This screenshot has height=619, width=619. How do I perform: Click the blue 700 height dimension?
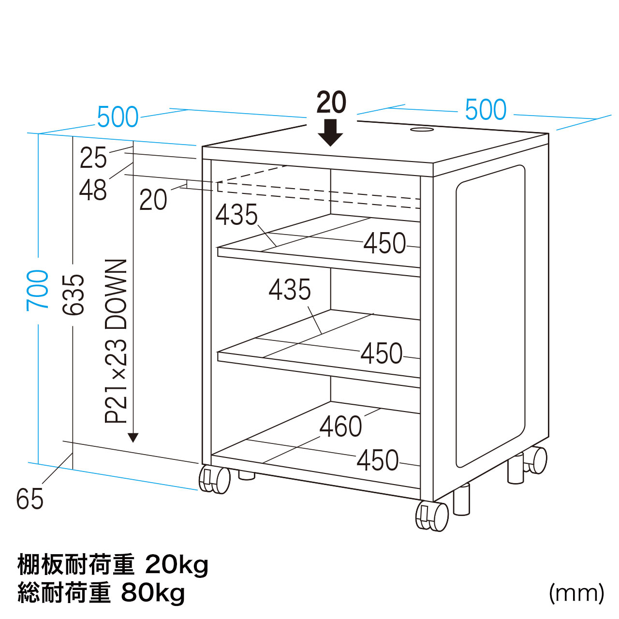pos(37,290)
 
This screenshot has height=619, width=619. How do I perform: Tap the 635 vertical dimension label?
pos(73,295)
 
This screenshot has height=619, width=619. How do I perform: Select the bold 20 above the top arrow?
pos(331,102)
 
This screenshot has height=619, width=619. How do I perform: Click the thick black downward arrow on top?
pos(331,133)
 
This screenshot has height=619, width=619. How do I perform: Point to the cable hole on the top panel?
pos(421,130)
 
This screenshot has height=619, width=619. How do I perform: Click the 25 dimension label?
pos(93,157)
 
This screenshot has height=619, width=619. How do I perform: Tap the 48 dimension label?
pos(93,190)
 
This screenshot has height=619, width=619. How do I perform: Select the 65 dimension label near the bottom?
pos(29,499)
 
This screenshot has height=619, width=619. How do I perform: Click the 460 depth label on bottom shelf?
pos(341,426)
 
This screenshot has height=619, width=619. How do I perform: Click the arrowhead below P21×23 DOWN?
pos(133,438)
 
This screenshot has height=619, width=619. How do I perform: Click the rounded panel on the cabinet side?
pos(490,316)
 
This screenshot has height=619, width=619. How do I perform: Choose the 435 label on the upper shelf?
pos(236,215)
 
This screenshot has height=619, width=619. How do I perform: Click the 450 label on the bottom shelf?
pos(378,460)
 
